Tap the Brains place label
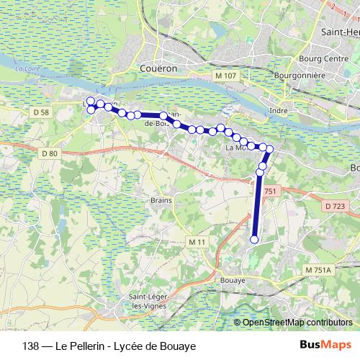(160, 200)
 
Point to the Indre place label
(278, 110)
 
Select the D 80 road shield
(49, 153)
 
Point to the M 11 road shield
(197, 240)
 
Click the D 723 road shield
(334, 207)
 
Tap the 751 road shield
(270, 191)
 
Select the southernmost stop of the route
(253, 240)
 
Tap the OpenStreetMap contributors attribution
(297, 323)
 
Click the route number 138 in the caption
(30, 346)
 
